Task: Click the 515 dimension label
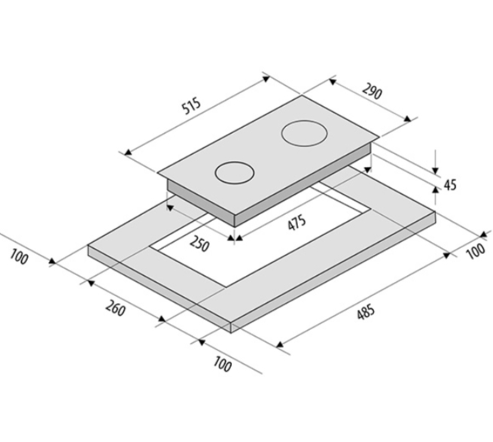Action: click(x=191, y=107)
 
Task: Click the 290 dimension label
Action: click(x=373, y=92)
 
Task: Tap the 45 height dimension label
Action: click(x=450, y=185)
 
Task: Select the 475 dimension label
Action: click(x=297, y=223)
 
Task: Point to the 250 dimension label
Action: click(x=199, y=244)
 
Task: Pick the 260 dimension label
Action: click(x=115, y=308)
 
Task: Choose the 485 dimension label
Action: click(x=366, y=311)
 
